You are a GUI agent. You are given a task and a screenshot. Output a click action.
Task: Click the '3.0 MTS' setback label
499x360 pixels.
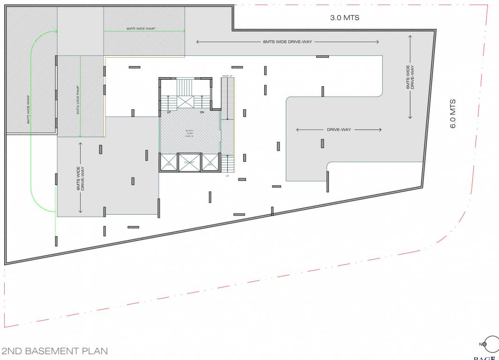click(x=345, y=18)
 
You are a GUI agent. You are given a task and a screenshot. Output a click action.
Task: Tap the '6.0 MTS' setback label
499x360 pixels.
click(x=453, y=113)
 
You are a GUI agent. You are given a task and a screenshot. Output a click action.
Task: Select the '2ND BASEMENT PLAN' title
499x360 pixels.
click(x=55, y=351)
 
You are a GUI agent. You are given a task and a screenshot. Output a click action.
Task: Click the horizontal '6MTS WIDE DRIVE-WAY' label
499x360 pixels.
click(x=287, y=42)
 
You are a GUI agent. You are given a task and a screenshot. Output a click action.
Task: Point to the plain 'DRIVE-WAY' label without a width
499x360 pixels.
click(x=339, y=129)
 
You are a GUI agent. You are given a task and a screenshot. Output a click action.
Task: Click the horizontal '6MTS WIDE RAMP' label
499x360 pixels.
click(x=141, y=29)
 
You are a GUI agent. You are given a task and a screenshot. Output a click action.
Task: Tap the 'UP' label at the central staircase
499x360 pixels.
click(x=169, y=112)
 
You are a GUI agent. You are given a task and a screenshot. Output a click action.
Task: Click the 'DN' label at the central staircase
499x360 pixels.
click(x=202, y=112)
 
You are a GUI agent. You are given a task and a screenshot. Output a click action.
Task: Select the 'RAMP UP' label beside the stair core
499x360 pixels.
click(x=227, y=76)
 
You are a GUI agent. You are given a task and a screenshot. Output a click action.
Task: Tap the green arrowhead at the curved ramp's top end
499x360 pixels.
click(x=55, y=31)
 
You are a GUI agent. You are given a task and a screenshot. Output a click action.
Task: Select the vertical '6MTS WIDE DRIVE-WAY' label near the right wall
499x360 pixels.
click(x=411, y=78)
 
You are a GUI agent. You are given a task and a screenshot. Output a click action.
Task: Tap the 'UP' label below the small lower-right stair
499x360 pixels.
click(x=228, y=176)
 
